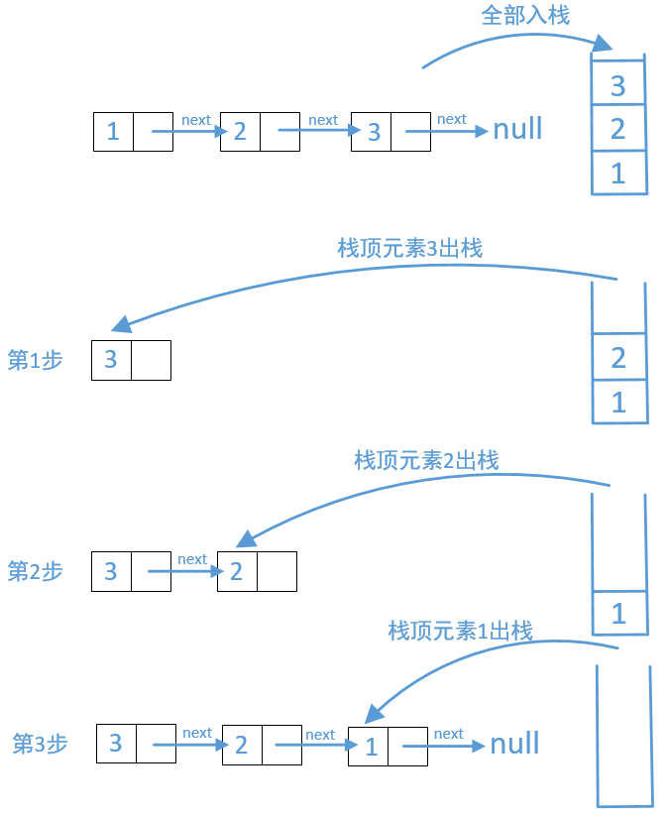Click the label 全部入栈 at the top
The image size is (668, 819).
tap(524, 16)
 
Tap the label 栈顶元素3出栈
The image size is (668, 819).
tap(409, 248)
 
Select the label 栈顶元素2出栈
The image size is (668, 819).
tap(426, 460)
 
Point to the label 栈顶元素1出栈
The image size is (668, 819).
tap(460, 631)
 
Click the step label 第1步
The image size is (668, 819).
tap(35, 361)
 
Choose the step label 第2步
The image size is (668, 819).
tap(35, 572)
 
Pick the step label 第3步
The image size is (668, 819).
tap(40, 744)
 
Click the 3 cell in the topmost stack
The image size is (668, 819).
tap(618, 86)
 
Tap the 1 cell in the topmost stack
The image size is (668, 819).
tap(618, 173)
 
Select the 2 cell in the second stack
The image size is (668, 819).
tap(618, 358)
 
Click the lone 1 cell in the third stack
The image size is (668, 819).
tap(618, 613)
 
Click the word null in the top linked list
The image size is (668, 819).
tap(517, 130)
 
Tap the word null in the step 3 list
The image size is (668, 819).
tap(514, 745)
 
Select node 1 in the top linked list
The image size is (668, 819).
tap(133, 131)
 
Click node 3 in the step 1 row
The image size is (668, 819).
tap(131, 360)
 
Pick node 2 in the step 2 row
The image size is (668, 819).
tap(257, 571)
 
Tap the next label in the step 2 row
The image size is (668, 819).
tap(192, 559)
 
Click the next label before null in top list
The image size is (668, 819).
tap(451, 119)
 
